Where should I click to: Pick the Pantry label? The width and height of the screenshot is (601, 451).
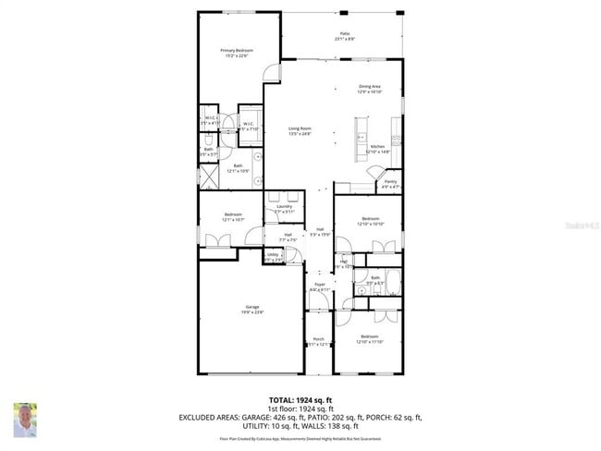(x=390, y=182)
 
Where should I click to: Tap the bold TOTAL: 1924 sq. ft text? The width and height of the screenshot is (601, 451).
(x=300, y=398)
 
